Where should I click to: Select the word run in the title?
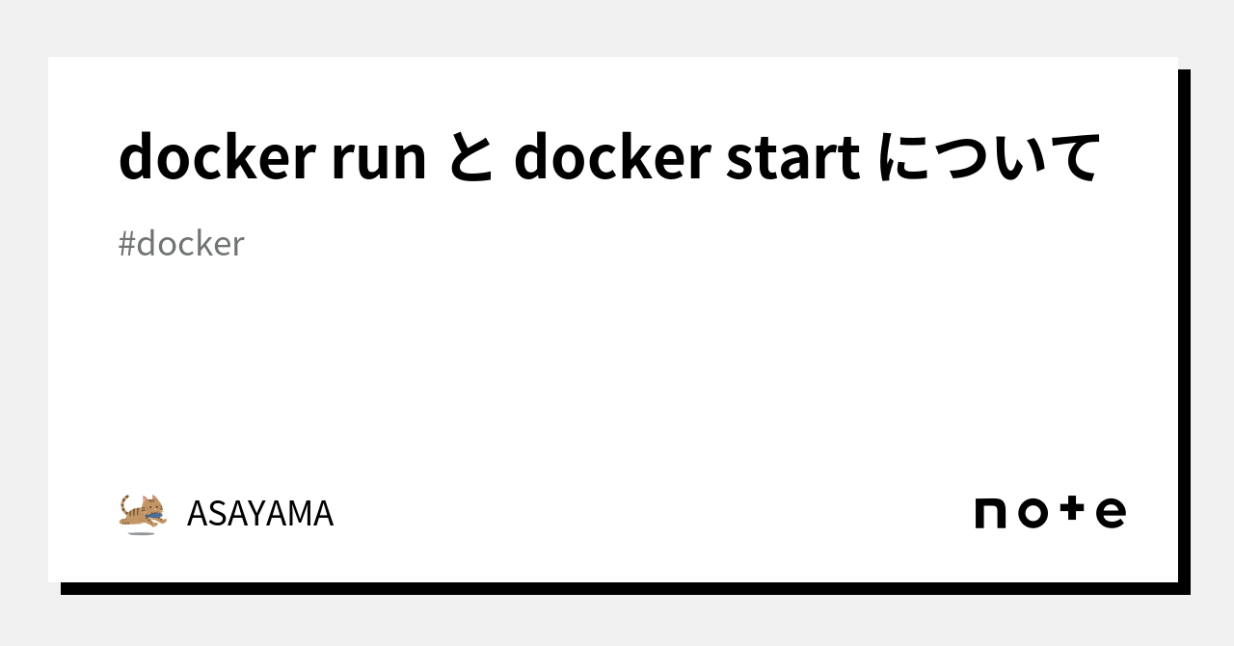378,160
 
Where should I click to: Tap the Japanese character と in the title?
470,158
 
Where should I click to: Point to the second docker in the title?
611,158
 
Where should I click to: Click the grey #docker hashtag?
181,244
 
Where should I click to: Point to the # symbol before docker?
126,245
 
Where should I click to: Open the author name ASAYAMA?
259,514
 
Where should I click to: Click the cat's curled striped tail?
125,504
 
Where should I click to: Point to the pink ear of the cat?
149,499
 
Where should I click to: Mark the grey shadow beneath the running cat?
141,532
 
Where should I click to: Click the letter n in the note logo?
991,513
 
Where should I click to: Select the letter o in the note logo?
1033,513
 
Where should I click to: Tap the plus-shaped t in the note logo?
1072,511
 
